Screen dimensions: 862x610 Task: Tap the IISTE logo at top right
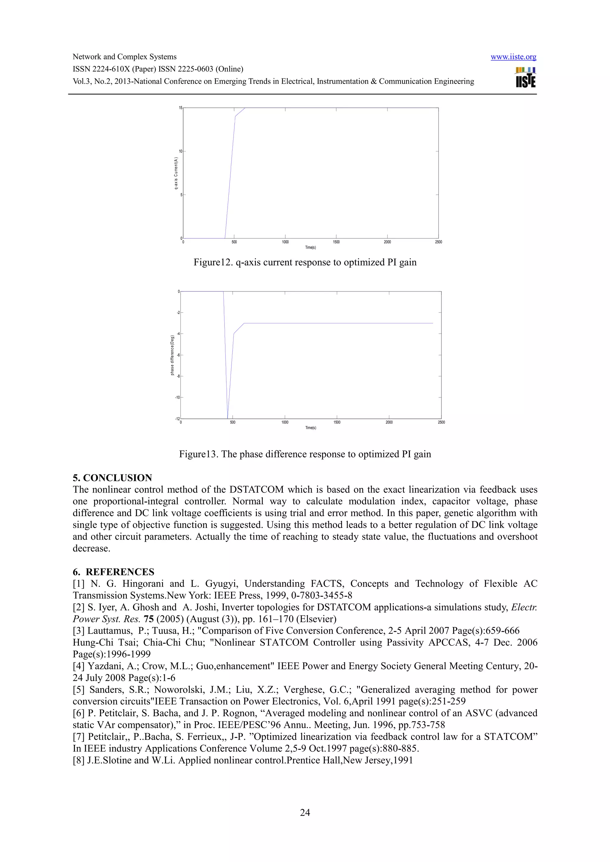click(525, 78)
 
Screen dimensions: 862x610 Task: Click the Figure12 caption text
click(305, 262)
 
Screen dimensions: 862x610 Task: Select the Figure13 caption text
click(305, 454)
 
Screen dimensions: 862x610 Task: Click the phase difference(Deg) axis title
click(172, 355)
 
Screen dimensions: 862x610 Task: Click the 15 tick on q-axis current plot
click(180, 108)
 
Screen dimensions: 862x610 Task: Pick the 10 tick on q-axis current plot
click(180, 151)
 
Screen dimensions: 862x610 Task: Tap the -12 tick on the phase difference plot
click(178, 419)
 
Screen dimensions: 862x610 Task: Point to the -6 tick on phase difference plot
click(178, 355)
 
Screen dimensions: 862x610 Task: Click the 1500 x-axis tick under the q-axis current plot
click(336, 242)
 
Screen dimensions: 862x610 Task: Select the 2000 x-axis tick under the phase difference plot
click(389, 422)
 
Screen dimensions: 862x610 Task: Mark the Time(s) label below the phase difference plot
click(310, 428)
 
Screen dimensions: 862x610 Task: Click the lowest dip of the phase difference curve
click(227, 418)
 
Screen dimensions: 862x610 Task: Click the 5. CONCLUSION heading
click(112, 478)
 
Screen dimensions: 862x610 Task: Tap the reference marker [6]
click(79, 713)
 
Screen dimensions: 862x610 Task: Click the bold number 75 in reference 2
click(148, 619)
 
